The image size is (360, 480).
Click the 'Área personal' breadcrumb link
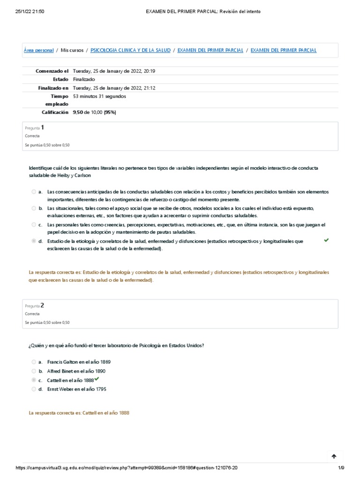pos(38,50)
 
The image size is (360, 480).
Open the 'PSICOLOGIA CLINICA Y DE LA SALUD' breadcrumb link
pos(130,50)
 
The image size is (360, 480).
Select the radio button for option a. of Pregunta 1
pos(34,192)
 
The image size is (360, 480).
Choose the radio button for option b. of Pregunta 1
pos(34,208)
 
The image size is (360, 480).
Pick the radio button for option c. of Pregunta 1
pos(34,225)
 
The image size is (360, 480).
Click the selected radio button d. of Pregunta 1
pos(34,241)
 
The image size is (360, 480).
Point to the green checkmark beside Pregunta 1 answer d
pos(326,240)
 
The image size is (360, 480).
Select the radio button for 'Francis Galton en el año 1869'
pos(34,362)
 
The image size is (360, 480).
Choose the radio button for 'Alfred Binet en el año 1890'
pos(34,371)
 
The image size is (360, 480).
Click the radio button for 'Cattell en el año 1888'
pos(34,380)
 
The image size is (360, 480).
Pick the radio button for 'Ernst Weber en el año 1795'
pos(34,389)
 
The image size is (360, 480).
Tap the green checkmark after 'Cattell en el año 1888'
pos(97,379)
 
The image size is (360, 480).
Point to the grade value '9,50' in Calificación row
pos(78,112)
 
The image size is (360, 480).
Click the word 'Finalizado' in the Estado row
pos(84,79)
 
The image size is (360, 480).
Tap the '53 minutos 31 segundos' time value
pos(99,96)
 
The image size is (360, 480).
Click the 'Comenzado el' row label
pos(52,71)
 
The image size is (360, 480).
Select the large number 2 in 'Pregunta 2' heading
pos(42,305)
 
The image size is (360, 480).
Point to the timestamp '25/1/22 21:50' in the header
pos(30,11)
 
